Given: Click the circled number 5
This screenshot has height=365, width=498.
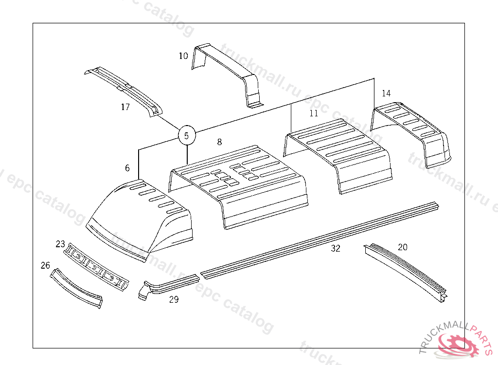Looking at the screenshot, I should coord(187,136).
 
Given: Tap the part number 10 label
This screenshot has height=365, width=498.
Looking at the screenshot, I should coord(183,56).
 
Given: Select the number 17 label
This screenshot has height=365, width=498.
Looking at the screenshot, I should coord(125,107).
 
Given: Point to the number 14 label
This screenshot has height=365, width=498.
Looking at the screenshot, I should coord(386,93).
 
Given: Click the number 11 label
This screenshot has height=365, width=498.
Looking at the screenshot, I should coord(314,113).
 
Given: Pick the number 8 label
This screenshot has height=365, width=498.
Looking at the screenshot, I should coord(219,142).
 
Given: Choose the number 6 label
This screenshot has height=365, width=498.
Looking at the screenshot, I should coord(127,168).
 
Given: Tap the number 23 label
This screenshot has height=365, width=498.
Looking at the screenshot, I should coord(60,243).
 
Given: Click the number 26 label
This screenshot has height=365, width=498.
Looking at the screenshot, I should coord(45,265).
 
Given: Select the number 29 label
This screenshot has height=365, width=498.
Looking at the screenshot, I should coord(174,300).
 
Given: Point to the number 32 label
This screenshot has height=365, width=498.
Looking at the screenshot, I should coord(336,249).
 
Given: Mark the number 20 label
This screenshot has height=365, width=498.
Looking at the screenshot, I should coord(403,247).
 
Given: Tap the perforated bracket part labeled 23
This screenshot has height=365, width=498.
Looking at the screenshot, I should coord(97,268).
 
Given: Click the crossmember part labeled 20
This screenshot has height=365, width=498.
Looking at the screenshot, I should coord(409,273).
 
